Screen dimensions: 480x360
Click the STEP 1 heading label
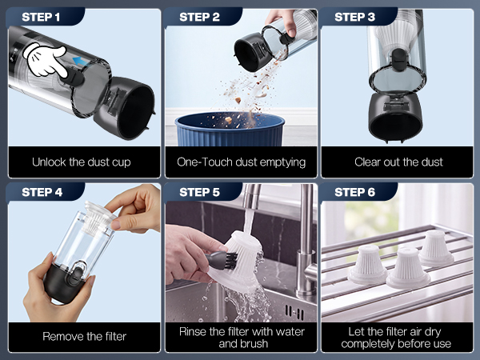(x=41, y=17)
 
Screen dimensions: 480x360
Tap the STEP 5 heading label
(x=199, y=192)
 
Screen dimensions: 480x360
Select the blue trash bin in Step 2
(x=230, y=129)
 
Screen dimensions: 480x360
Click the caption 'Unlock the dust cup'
(x=82, y=162)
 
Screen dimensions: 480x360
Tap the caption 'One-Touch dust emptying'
(x=242, y=162)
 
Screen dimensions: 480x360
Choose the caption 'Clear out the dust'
(x=398, y=162)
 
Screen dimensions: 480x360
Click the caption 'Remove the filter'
(x=85, y=337)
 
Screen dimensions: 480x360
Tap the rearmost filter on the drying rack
(x=436, y=248)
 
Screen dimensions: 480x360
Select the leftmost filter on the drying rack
(x=368, y=264)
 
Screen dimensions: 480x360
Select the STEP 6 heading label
(x=354, y=192)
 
